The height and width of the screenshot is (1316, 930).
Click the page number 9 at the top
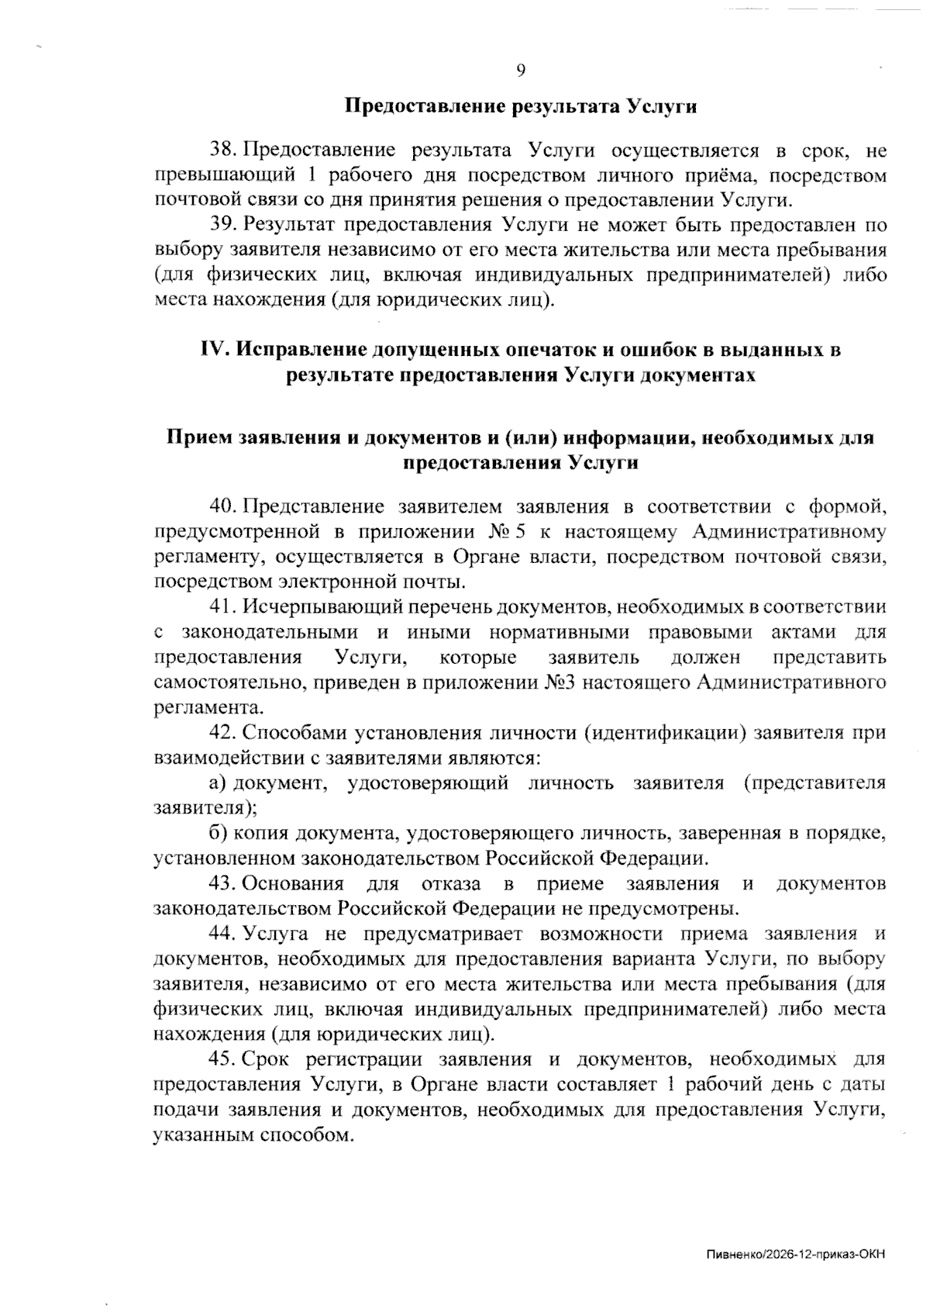[521, 71]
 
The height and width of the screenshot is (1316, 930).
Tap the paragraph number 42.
[224, 732]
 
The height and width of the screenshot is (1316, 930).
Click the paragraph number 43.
[224, 883]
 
